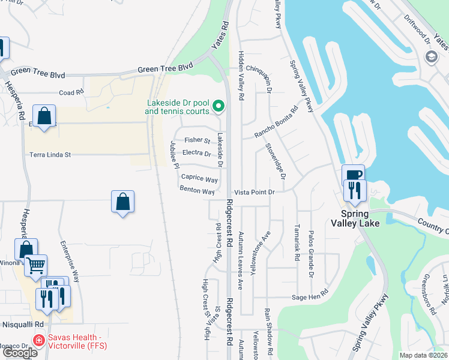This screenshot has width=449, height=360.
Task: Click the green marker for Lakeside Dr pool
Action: click(218, 107)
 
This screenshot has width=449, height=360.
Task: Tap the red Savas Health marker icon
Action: click(38, 340)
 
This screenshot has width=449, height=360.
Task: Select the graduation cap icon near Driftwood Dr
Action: click(430, 57)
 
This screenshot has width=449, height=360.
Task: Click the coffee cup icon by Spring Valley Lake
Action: click(353, 175)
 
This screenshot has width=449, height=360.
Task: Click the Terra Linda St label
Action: click(50, 155)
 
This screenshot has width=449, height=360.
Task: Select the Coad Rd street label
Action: click(71, 93)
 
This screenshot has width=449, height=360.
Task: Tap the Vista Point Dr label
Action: click(254, 192)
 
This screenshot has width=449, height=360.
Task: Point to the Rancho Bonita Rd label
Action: click(276, 122)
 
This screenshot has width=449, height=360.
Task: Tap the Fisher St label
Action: click(197, 140)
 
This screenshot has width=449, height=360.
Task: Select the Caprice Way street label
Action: click(199, 179)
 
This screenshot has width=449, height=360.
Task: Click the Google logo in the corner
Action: click(20, 353)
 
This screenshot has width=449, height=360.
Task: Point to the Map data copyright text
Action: click(424, 355)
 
